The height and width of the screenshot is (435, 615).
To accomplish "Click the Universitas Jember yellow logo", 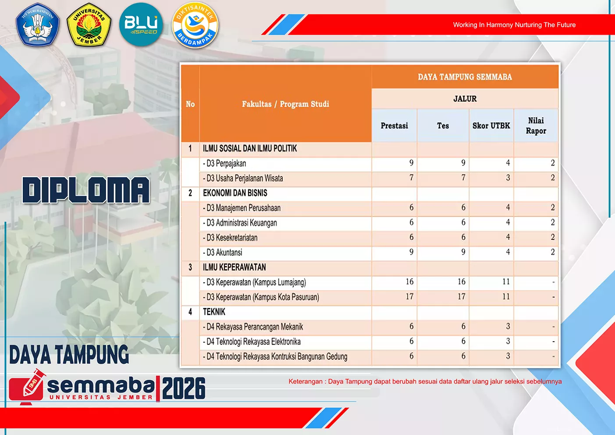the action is [89, 25].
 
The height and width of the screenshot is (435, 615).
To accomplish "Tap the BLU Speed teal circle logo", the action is [141, 25].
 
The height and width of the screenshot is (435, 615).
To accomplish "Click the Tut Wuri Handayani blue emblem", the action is [38, 24].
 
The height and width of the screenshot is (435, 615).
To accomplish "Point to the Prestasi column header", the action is [394, 126].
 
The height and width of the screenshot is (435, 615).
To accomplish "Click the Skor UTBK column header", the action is [491, 126].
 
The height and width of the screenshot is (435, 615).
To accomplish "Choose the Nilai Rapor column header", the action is [536, 125].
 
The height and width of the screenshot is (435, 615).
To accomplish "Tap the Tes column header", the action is [443, 126].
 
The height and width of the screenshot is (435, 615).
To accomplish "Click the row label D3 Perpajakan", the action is [224, 164].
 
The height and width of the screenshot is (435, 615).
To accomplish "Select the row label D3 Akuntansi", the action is [222, 253].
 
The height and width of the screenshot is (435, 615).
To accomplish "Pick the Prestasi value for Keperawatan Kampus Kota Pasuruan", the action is [409, 296].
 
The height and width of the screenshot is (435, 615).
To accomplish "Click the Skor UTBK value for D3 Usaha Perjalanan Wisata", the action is [508, 178].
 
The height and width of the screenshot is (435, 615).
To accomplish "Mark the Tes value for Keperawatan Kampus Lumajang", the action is [461, 282].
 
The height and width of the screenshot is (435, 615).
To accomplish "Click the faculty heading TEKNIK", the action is [214, 312].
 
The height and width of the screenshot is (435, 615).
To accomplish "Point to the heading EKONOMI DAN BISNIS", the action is [235, 193].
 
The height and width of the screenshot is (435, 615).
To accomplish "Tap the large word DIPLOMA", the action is [86, 190].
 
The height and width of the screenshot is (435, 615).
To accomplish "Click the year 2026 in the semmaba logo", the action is [184, 389].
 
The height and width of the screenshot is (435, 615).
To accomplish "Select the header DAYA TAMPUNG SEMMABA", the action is [465, 77].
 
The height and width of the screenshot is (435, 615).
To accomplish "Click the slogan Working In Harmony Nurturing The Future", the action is [514, 25].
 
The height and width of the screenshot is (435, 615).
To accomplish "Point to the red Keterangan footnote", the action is [425, 382].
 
